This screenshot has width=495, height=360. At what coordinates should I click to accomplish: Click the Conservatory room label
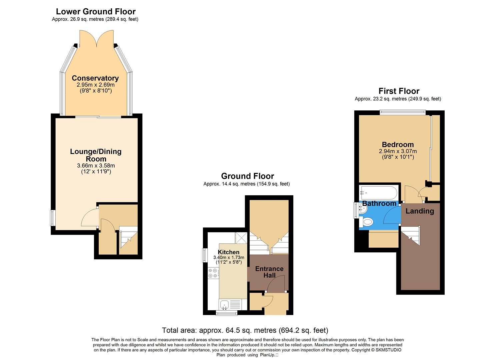[95, 78]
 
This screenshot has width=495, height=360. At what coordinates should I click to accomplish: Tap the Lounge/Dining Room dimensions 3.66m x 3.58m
[96, 166]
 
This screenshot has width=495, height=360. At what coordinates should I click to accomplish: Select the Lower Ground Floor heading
[96, 12]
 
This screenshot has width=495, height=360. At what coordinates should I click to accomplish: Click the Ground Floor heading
[247, 176]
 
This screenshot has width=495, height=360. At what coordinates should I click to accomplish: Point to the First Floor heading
[399, 91]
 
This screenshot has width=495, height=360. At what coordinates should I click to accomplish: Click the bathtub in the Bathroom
[379, 193]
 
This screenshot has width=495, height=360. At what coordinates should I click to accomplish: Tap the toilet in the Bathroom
[367, 222]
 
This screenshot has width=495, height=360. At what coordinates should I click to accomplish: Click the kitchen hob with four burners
[213, 273]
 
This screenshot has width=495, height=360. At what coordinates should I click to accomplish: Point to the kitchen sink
[224, 304]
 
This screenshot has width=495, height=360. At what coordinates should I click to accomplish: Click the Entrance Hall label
[269, 272]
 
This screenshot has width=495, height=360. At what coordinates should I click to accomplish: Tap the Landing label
[420, 211]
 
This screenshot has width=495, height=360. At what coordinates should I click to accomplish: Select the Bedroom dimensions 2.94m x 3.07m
[398, 151]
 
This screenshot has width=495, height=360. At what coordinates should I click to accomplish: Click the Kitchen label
[229, 252]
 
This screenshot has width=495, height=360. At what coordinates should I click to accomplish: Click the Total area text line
[245, 330]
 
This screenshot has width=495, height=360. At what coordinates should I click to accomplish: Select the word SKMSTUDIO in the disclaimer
[388, 350]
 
